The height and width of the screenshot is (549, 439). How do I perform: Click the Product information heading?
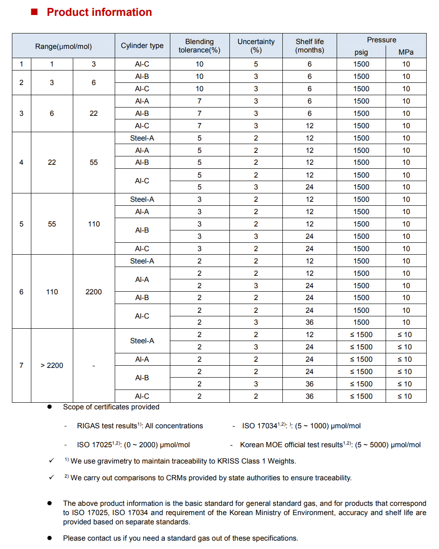(x=99, y=12)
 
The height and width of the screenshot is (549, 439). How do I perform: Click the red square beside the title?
(x=34, y=11)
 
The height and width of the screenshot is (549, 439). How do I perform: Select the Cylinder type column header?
(x=142, y=46)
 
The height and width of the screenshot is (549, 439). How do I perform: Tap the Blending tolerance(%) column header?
(x=199, y=46)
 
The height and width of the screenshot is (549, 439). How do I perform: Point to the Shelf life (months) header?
(x=309, y=46)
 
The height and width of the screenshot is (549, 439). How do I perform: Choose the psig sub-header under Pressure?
(x=361, y=52)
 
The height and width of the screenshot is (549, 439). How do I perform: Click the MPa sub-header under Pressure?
(x=406, y=52)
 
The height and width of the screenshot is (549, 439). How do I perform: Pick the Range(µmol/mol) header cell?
(x=64, y=46)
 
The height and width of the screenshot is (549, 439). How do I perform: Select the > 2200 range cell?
(x=52, y=365)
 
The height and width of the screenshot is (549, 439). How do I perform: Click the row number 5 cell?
(x=21, y=224)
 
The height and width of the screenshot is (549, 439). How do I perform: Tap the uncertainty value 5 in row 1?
(x=256, y=64)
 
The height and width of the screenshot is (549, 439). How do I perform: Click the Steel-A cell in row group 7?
(x=142, y=341)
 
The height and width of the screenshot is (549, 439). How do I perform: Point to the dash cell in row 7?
(x=94, y=365)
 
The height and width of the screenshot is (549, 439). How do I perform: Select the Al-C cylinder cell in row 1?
(x=142, y=64)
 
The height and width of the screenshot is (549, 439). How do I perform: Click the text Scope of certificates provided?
(x=111, y=407)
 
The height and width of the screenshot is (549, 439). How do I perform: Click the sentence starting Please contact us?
(x=180, y=538)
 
